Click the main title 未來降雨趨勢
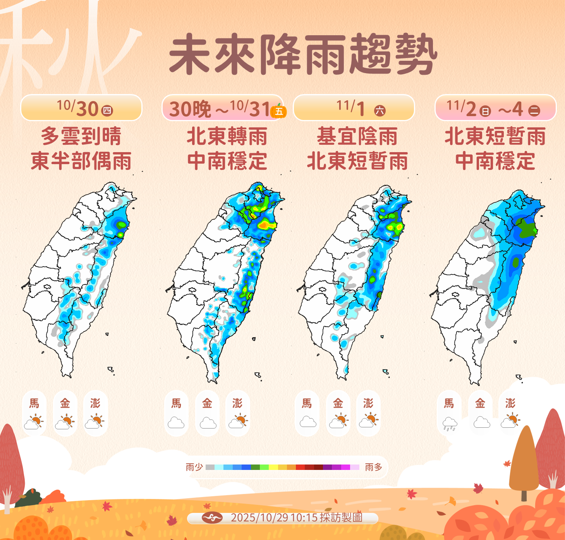point(303,54)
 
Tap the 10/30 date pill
point(81,108)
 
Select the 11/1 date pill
point(354,108)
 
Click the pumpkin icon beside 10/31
point(279,111)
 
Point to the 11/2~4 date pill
point(495,108)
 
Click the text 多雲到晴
point(81,136)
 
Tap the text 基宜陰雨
point(357,136)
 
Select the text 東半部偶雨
point(81,161)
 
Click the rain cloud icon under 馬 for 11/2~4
point(449,423)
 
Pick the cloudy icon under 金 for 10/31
point(208,423)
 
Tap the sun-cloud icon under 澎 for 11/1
point(369,420)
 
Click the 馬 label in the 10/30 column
point(34,403)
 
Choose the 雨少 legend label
point(194,467)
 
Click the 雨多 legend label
point(373,467)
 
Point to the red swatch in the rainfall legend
point(300,467)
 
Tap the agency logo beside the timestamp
point(212,518)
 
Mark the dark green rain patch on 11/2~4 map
point(527,228)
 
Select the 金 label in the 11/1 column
point(338,403)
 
